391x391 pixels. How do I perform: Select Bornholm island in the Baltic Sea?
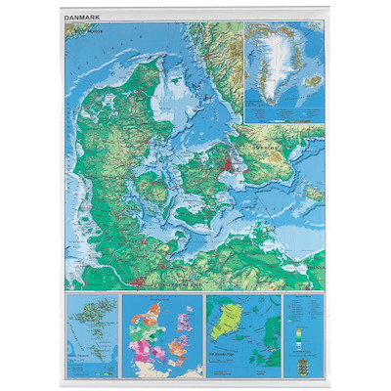click(x=314, y=194)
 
